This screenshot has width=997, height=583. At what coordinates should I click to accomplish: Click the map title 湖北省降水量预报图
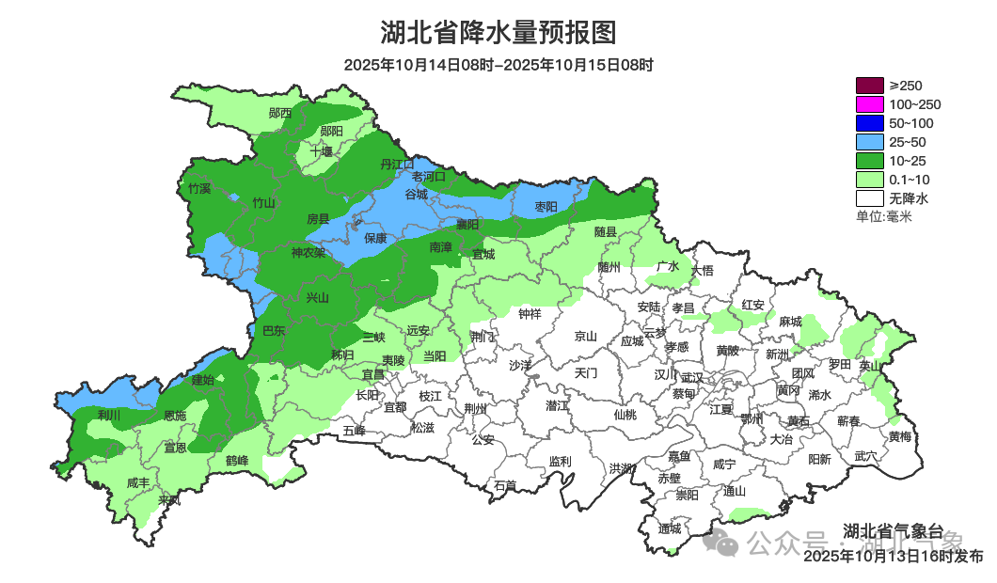click(498, 33)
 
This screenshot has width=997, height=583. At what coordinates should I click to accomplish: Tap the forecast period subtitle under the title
click(498, 66)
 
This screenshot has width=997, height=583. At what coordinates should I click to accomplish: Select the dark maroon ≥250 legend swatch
click(870, 86)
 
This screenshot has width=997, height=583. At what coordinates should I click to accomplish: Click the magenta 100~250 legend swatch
click(870, 104)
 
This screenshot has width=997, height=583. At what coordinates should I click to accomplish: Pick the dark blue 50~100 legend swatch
click(870, 123)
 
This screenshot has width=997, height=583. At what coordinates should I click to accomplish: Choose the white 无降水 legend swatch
click(870, 198)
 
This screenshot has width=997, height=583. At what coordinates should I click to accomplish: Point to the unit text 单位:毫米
click(883, 217)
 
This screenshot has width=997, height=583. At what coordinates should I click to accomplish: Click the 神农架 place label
click(308, 253)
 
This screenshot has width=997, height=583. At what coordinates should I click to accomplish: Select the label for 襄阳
click(467, 225)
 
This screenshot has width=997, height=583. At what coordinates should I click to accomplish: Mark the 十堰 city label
click(322, 151)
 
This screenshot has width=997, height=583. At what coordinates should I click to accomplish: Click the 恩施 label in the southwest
click(175, 416)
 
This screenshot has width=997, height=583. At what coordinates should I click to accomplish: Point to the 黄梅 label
click(899, 436)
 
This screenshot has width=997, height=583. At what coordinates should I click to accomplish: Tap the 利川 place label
click(109, 415)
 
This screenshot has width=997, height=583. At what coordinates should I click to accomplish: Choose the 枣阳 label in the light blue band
click(546, 206)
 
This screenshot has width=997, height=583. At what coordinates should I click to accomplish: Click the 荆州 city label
click(476, 409)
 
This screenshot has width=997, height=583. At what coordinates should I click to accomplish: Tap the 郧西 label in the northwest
click(279, 113)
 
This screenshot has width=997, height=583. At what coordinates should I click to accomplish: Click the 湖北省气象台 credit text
click(892, 529)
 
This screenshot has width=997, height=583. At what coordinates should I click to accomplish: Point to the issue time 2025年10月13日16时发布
click(893, 557)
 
